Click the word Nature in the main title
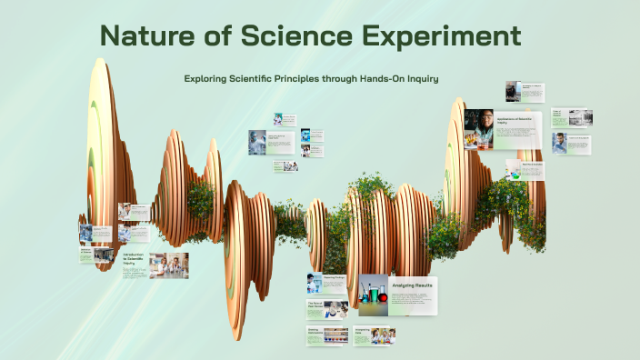(x=149, y=37)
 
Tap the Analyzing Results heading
(x=415, y=285)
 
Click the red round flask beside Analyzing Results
(x=383, y=297)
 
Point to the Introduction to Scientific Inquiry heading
(x=133, y=259)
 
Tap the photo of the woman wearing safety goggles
(x=478, y=127)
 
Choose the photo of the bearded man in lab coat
(x=560, y=143)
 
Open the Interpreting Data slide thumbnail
(x=375, y=336)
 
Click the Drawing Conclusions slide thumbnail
(x=327, y=335)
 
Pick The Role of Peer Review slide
(x=327, y=308)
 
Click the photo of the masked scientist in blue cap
(x=258, y=142)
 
